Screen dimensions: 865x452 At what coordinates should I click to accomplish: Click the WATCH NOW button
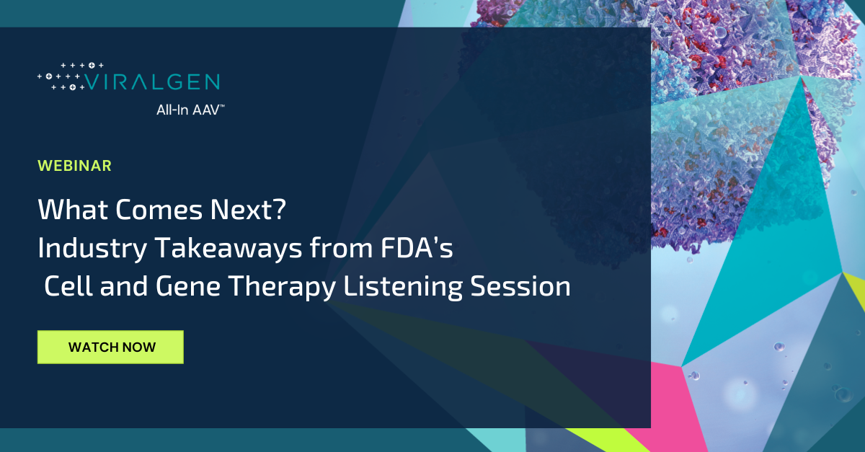pos(110,347)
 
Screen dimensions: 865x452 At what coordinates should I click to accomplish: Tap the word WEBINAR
pos(74,166)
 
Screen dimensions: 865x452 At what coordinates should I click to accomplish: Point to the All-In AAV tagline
pos(190,110)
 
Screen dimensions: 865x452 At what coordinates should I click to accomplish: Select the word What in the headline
pos(73,209)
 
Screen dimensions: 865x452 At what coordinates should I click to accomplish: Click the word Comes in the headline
pos(159,209)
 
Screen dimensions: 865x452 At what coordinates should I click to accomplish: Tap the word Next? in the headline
pos(248,209)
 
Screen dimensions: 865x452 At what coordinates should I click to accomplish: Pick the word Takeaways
pos(229,248)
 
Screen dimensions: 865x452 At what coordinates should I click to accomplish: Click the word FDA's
pos(417,248)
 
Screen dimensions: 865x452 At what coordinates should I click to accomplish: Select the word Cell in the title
pos(68,286)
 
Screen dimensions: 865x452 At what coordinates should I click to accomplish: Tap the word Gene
pos(187,286)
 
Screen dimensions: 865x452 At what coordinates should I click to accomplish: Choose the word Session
pos(520,286)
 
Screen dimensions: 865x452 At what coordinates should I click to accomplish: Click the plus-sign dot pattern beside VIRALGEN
pos(61,76)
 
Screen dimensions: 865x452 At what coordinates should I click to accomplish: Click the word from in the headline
pos(341,248)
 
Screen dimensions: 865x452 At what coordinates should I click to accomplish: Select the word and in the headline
pos(124,286)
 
